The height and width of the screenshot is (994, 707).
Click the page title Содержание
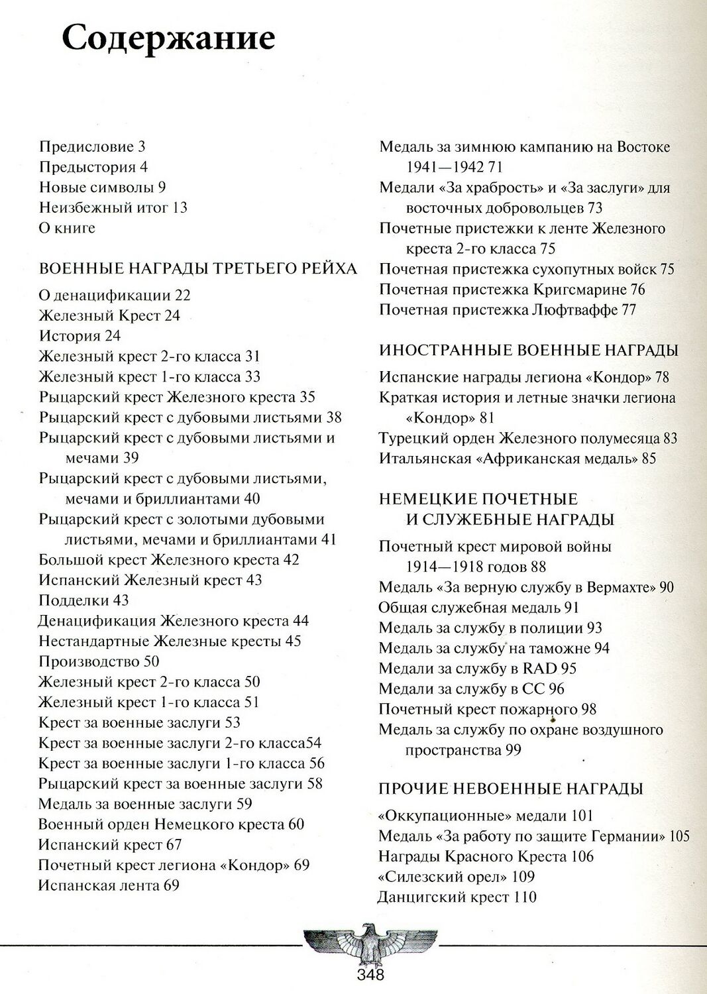coord(168,38)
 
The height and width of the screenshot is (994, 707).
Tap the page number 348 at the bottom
coord(370,974)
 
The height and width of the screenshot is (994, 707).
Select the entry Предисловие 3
coord(92,146)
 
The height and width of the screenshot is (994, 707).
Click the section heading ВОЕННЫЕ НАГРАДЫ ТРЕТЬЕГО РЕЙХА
coord(198,268)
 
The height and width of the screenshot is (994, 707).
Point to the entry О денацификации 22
coord(115,296)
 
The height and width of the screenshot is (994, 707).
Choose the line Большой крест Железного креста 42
coord(169,560)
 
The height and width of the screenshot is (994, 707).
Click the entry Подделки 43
coord(83,600)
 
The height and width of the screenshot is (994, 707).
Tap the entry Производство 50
coord(99,661)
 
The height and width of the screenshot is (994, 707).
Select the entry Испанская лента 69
coord(109,885)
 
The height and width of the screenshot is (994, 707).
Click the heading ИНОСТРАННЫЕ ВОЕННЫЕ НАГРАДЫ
coord(529,351)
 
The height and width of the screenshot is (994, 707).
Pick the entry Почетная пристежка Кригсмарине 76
coord(512,290)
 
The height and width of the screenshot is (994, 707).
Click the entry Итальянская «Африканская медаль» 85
coord(517,459)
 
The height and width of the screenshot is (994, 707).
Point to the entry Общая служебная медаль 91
coord(478,608)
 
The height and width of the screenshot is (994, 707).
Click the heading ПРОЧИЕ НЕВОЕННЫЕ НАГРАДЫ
coord(511,789)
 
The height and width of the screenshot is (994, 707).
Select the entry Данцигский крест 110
coord(457,897)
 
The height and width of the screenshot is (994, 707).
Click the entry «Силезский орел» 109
coord(456,877)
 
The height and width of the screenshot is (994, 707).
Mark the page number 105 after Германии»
coord(679,836)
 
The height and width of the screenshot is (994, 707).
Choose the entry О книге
coord(67,228)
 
